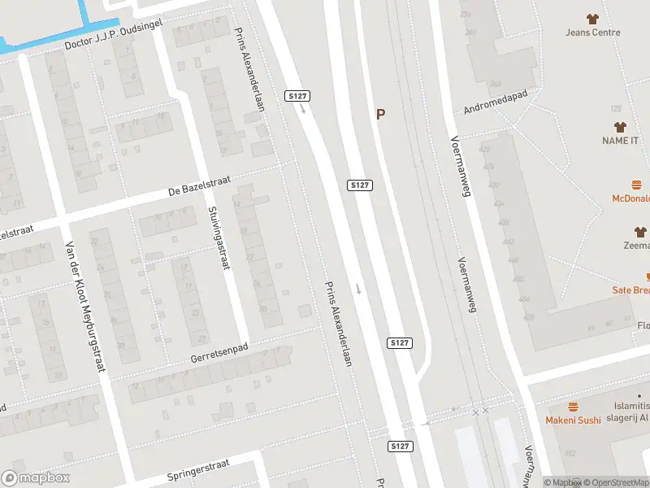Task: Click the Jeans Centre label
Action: (593, 33)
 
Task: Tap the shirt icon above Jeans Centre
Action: (592, 18)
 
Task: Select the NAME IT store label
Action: (620, 141)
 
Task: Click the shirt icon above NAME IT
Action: (621, 127)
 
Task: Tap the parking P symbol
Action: (379, 115)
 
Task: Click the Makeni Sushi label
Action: (573, 420)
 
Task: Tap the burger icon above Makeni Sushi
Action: (573, 406)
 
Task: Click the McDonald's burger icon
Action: (637, 185)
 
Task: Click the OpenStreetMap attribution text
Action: (618, 482)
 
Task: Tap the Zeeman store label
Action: (638, 245)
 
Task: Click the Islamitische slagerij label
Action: (630, 412)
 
